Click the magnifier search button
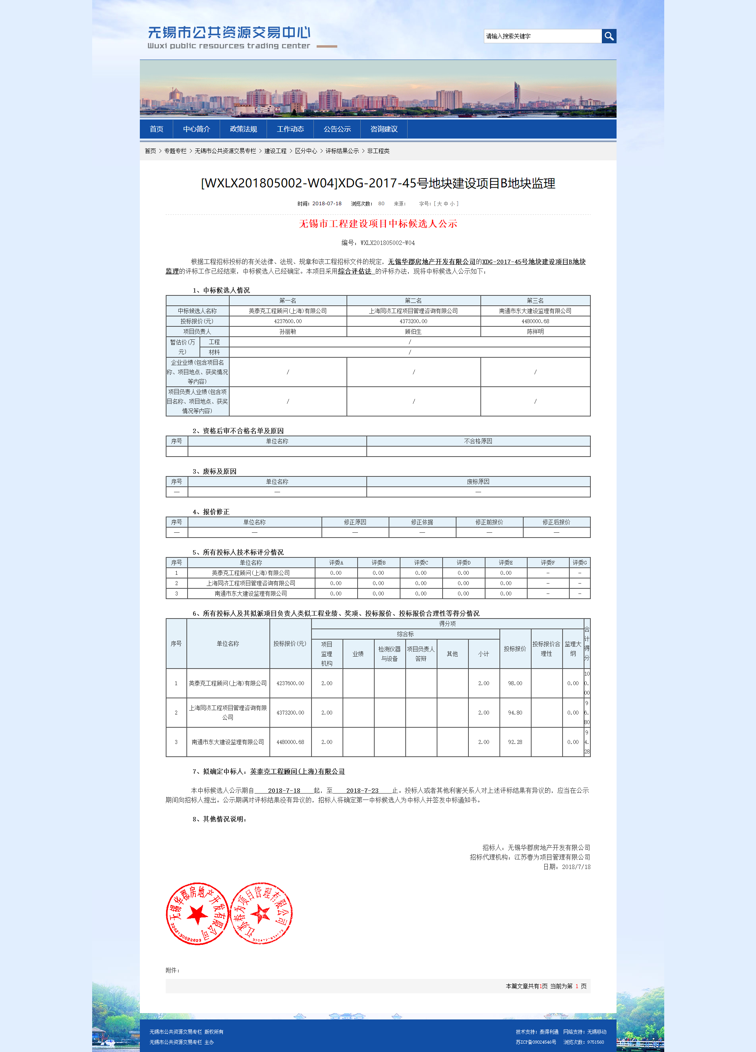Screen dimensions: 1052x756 tap(609, 36)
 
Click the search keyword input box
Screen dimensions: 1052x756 tap(542, 36)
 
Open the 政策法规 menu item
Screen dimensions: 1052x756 tap(243, 129)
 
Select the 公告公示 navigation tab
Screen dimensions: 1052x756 tap(337, 129)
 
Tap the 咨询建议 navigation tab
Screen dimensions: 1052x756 tap(384, 129)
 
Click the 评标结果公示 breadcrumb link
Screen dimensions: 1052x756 tap(342, 151)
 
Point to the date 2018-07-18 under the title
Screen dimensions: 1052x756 tap(327, 204)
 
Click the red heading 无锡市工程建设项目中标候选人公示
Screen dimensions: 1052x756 tap(378, 224)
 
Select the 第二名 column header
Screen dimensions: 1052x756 tap(413, 301)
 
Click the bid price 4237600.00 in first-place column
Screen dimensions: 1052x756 tap(288, 322)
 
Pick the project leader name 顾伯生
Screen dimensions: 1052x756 tap(413, 331)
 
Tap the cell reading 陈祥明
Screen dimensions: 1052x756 tap(535, 331)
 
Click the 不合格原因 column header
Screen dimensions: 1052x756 tap(478, 441)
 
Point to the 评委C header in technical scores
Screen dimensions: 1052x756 tap(421, 563)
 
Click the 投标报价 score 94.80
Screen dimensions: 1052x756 tap(515, 713)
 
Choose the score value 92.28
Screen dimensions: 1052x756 tap(515, 742)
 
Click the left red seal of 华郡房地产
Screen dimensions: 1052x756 tap(197, 914)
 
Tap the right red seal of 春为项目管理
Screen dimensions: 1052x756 tap(261, 914)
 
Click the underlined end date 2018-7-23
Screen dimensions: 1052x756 tap(362, 791)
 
